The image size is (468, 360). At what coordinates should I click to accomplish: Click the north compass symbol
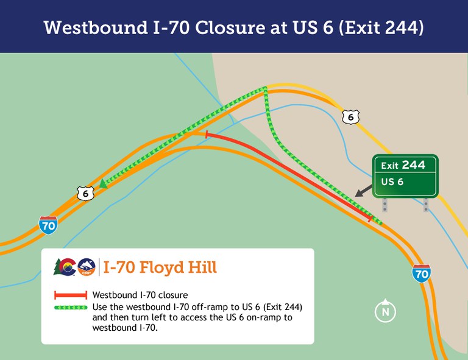[385, 311]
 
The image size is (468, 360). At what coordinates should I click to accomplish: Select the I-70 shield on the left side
[48, 224]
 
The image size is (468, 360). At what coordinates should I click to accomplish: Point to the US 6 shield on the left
[85, 194]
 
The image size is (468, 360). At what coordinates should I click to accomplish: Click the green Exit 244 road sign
[405, 175]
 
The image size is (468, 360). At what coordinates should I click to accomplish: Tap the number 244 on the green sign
[413, 165]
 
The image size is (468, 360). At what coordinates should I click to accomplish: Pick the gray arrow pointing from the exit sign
[364, 189]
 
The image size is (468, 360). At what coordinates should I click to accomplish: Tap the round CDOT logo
[87, 267]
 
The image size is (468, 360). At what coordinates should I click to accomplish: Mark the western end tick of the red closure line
[207, 134]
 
